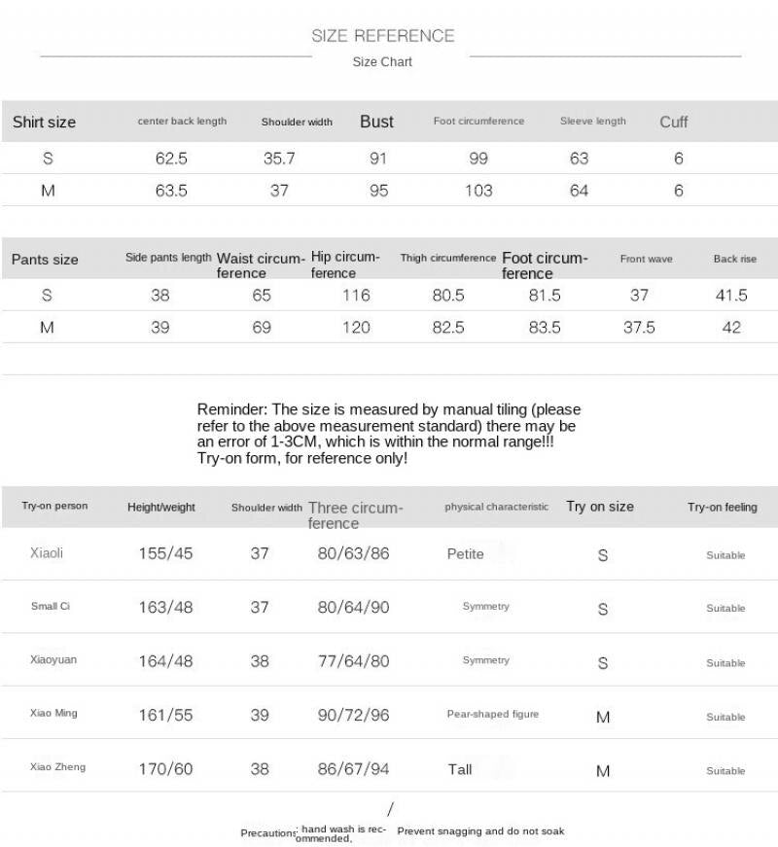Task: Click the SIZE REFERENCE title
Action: click(x=382, y=36)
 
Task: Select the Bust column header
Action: click(x=376, y=122)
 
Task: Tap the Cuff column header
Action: click(x=673, y=122)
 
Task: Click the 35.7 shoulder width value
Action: click(x=279, y=159)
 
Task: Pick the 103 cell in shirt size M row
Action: click(x=477, y=191)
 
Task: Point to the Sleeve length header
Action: click(x=592, y=122)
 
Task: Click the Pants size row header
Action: click(x=45, y=260)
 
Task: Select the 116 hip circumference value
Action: click(x=356, y=296)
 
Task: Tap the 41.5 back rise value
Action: click(x=730, y=296)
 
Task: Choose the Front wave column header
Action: click(x=646, y=260)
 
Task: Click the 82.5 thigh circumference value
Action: click(x=447, y=328)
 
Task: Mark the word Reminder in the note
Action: click(x=231, y=409)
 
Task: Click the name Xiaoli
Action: click(x=47, y=553)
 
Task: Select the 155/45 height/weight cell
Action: click(x=165, y=553)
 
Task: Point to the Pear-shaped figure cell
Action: click(x=492, y=714)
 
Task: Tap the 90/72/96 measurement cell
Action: click(x=353, y=715)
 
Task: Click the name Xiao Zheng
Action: click(x=57, y=767)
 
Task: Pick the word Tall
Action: click(x=460, y=769)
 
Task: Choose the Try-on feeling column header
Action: click(x=722, y=508)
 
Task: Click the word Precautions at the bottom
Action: click(x=268, y=833)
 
